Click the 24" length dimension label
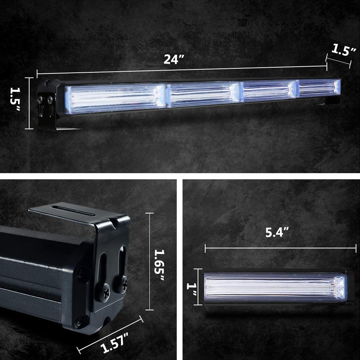pos(174,59)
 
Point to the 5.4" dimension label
pos(277,232)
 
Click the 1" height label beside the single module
pos(192,289)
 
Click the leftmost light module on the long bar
pos(115,99)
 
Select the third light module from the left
pos(268,91)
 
